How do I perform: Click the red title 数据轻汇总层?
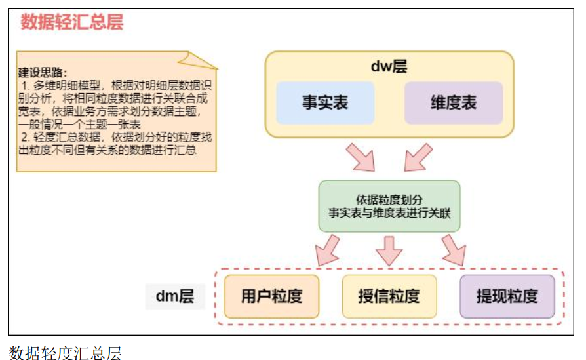[72, 22]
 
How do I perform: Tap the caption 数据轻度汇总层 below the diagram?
[65, 353]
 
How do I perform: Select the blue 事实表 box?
[324, 103]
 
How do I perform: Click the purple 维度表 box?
[453, 103]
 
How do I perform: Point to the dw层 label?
[389, 66]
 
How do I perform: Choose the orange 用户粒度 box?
[271, 296]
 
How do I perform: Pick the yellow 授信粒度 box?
[389, 296]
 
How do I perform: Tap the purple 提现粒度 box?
[507, 296]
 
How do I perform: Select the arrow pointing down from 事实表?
[359, 157]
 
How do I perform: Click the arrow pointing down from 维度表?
[418, 157]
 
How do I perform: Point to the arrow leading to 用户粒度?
[327, 250]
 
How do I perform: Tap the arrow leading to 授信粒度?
[389, 250]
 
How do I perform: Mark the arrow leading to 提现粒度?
[452, 250]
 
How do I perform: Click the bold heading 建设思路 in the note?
[43, 72]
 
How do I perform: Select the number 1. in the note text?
[26, 86]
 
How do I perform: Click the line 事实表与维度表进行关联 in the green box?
[389, 212]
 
